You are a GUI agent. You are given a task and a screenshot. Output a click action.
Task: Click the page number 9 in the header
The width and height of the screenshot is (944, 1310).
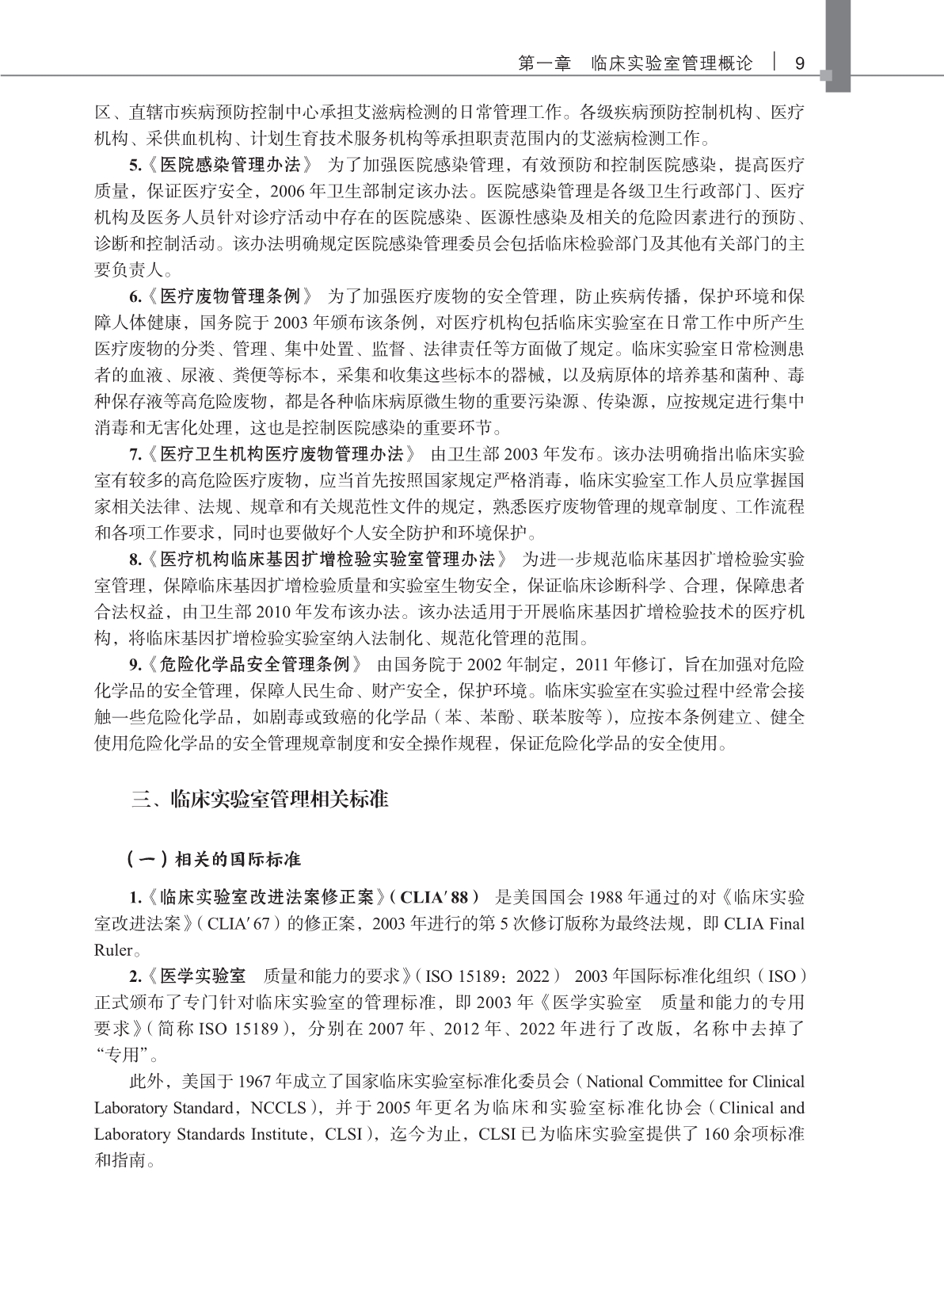tap(799, 63)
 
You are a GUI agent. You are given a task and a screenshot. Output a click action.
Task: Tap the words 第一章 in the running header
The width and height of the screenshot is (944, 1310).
tap(544, 63)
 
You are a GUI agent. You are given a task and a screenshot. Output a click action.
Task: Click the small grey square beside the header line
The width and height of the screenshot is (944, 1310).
tap(827, 76)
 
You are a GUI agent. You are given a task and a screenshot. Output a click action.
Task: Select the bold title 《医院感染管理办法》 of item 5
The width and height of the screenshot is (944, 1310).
tap(230, 165)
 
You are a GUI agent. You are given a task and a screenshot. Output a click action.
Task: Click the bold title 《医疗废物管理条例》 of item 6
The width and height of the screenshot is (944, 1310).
tap(230, 296)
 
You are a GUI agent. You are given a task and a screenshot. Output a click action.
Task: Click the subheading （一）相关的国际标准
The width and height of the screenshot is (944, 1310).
tap(213, 859)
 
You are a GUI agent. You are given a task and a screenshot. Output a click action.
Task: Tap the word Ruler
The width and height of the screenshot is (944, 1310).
tap(113, 949)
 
